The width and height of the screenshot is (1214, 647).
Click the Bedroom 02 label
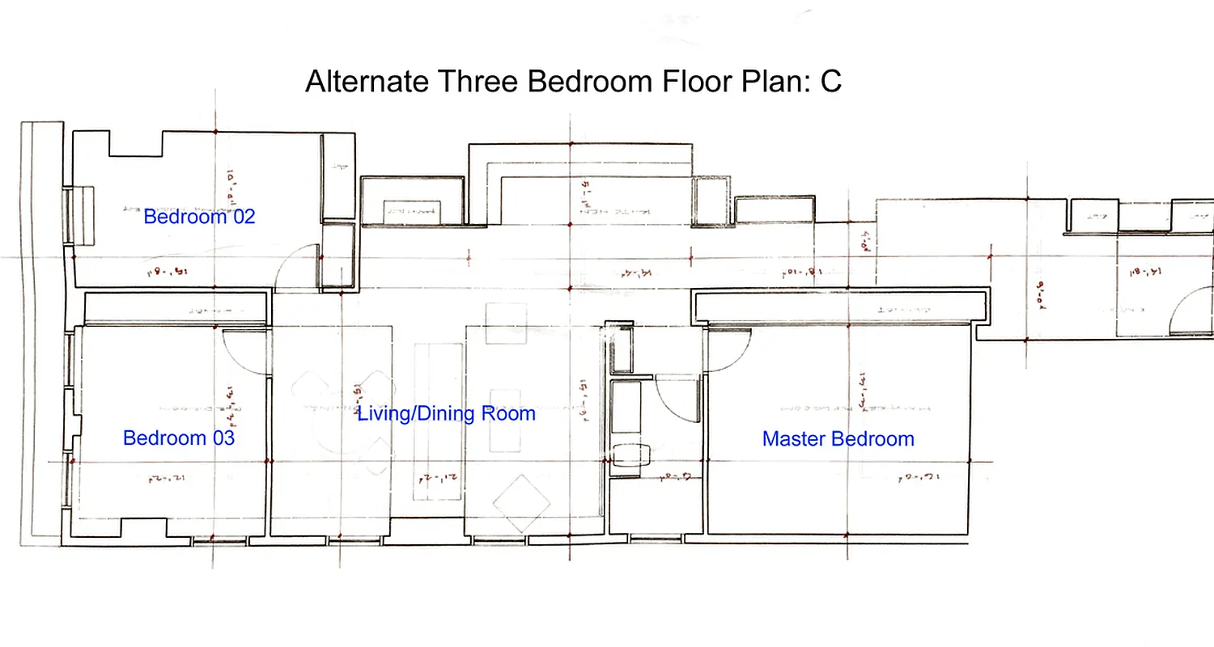tap(199, 217)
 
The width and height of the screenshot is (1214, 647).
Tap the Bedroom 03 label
tap(179, 438)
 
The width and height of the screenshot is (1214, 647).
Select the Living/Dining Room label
tap(447, 414)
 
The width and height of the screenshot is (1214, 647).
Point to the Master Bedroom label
tap(838, 439)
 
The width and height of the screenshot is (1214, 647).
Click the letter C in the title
tap(831, 82)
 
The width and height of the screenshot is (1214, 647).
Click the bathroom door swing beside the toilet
tap(673, 396)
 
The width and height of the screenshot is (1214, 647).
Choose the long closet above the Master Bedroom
tap(842, 309)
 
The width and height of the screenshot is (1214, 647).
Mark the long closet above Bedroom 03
tap(176, 309)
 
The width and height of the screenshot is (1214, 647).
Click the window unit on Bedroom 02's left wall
tap(79, 214)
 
